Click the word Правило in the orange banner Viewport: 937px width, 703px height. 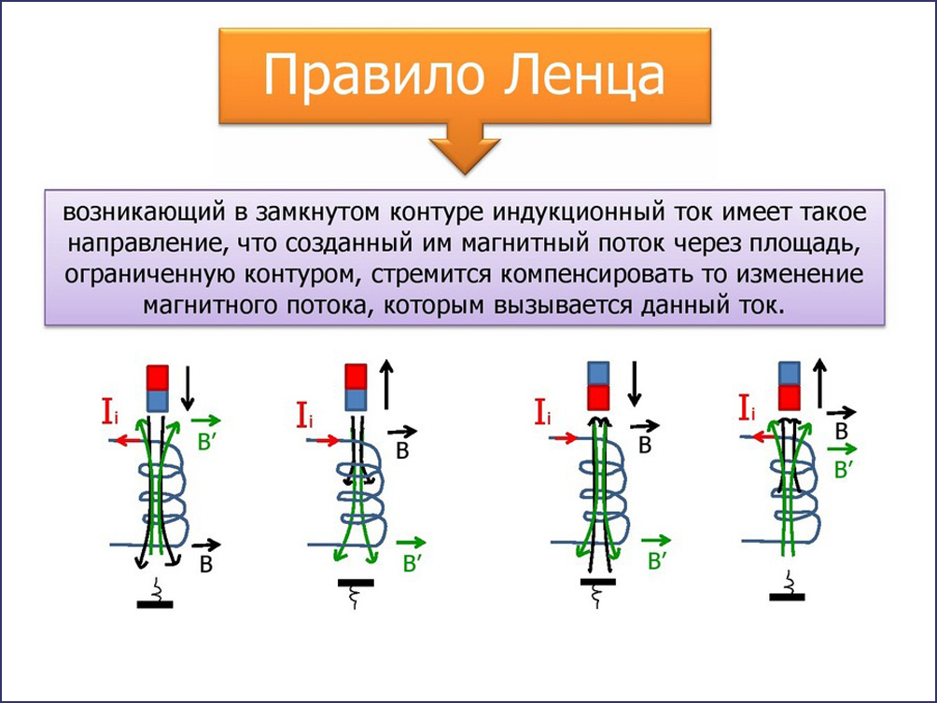click(373, 76)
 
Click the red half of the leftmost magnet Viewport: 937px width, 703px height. click(158, 378)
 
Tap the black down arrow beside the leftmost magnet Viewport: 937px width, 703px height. click(189, 388)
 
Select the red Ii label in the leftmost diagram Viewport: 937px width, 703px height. click(110, 411)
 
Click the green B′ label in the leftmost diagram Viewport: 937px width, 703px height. click(207, 442)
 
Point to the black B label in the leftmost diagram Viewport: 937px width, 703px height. click(206, 564)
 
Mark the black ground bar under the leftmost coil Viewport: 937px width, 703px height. click(155, 604)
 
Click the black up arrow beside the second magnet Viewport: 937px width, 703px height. click(386, 384)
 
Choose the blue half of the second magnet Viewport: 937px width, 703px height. click(357, 399)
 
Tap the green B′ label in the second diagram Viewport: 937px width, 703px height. click(413, 563)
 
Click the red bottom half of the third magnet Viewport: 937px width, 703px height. click(598, 397)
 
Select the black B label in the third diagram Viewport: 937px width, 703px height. click(645, 445)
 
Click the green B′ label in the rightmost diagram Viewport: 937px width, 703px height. click(843, 470)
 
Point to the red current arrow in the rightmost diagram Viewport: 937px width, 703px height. click(764, 437)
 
